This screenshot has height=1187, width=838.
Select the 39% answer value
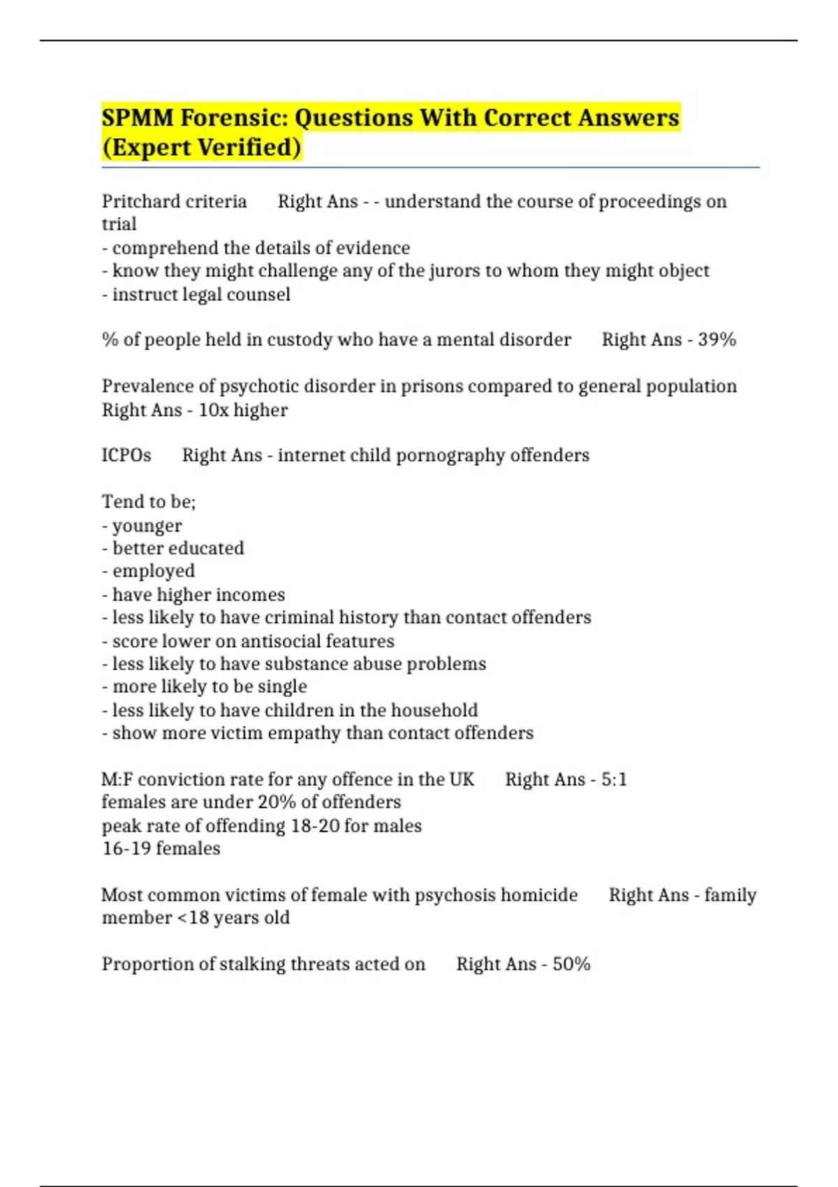pyautogui.click(x=717, y=340)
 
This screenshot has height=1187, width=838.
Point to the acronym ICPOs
pyautogui.click(x=126, y=455)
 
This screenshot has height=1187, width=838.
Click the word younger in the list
pyautogui.click(x=147, y=526)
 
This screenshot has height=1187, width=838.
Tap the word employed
pyautogui.click(x=154, y=571)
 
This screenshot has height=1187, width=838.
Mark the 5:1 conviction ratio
pyautogui.click(x=614, y=779)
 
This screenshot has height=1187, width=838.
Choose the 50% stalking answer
pyautogui.click(x=571, y=964)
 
